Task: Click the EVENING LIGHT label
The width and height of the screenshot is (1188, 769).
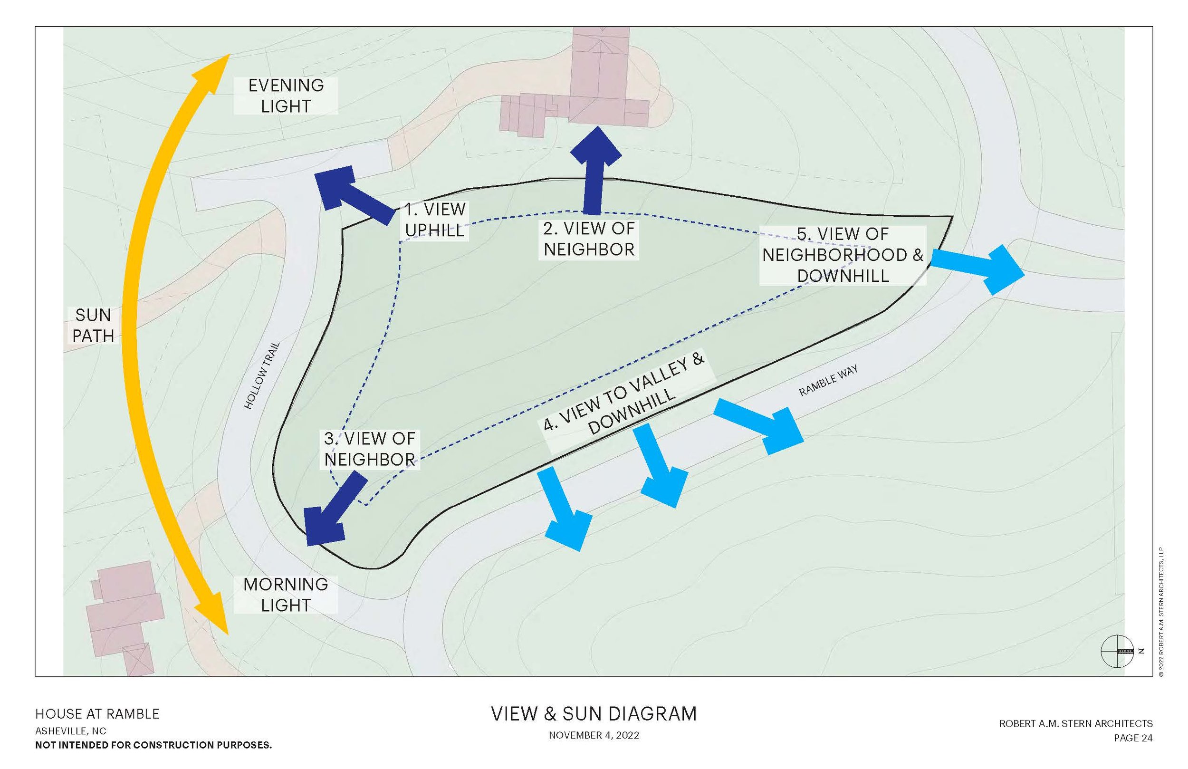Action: pyautogui.click(x=286, y=96)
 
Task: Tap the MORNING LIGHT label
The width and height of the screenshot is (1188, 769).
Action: pyautogui.click(x=286, y=595)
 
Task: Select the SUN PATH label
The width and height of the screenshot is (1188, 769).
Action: pyautogui.click(x=93, y=326)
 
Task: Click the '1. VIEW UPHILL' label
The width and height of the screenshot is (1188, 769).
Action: pyautogui.click(x=435, y=220)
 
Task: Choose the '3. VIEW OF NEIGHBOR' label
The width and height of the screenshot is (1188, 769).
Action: pyautogui.click(x=369, y=449)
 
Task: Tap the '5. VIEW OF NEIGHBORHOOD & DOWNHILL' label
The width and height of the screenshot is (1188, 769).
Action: pyautogui.click(x=843, y=255)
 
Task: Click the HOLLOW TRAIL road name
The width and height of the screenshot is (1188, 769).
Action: pyautogui.click(x=261, y=375)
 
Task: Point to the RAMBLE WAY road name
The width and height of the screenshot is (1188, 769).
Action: pyautogui.click(x=828, y=381)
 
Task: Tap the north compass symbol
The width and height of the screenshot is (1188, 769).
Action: pyautogui.click(x=1117, y=651)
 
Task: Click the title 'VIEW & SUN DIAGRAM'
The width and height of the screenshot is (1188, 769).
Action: pyautogui.click(x=594, y=714)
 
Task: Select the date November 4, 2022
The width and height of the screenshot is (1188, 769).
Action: pyautogui.click(x=594, y=735)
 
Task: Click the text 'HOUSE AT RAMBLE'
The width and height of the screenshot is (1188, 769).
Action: pyautogui.click(x=97, y=714)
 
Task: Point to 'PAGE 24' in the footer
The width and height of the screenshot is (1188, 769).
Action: pyautogui.click(x=1133, y=738)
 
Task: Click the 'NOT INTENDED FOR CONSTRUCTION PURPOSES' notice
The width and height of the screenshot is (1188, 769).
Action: pyautogui.click(x=153, y=745)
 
